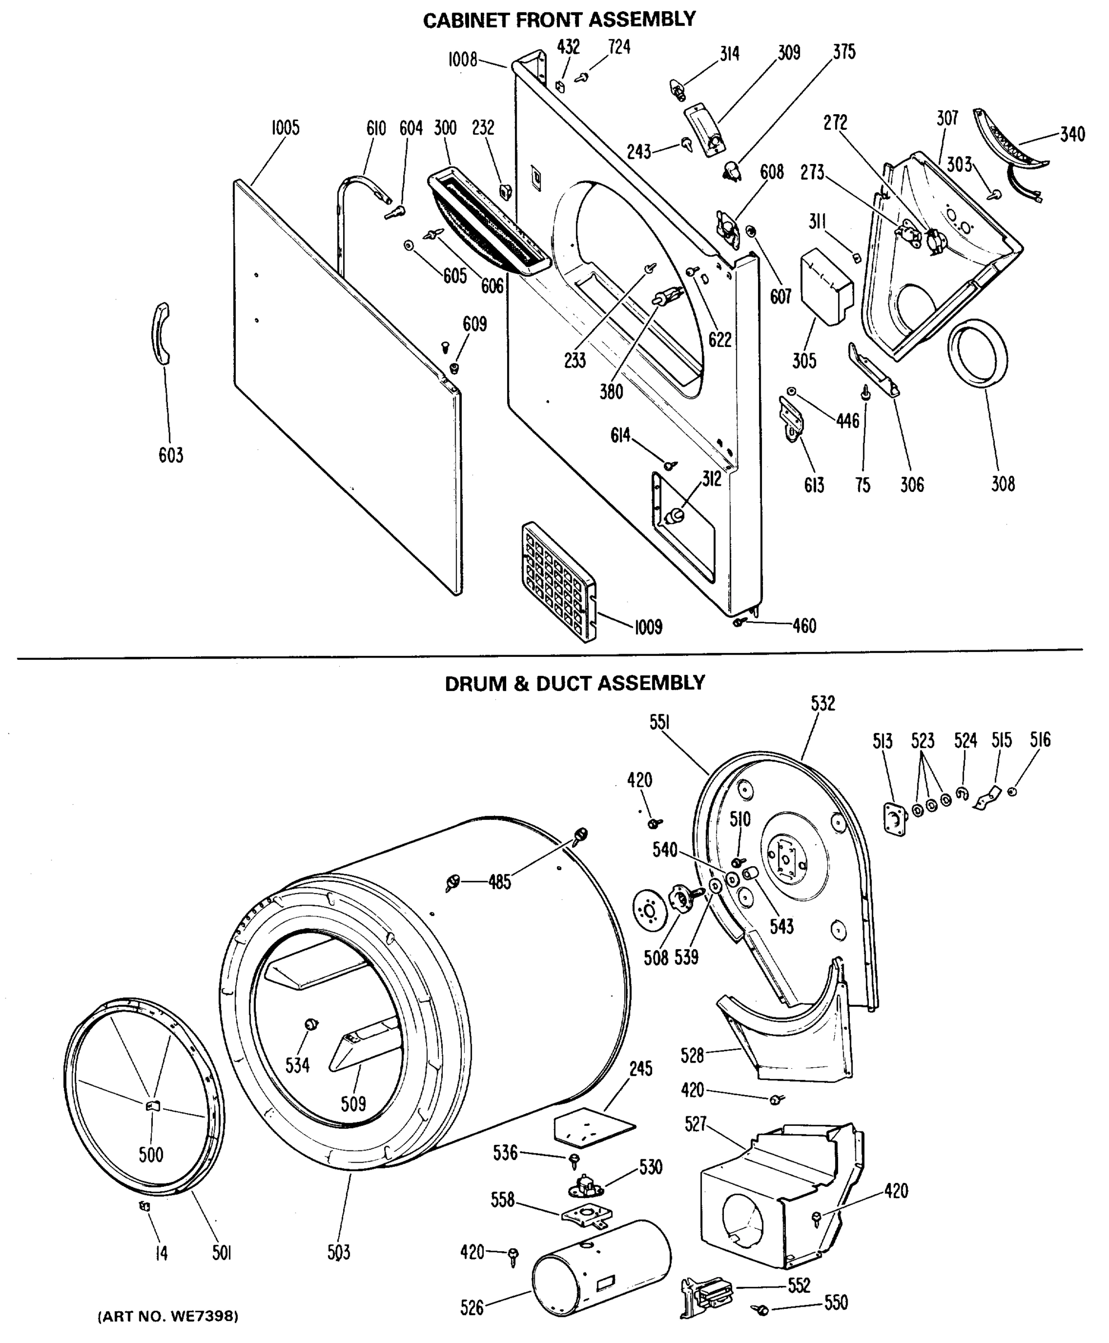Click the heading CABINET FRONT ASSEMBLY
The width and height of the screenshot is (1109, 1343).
click(559, 19)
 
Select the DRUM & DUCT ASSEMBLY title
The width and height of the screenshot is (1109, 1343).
click(574, 683)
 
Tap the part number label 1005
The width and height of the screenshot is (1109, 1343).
click(285, 128)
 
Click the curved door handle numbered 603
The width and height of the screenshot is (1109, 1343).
click(160, 334)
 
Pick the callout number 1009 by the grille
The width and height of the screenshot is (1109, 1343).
click(648, 627)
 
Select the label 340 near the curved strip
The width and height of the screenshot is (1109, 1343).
click(1072, 134)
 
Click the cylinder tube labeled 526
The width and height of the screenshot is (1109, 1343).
click(601, 1267)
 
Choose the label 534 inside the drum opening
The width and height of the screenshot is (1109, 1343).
click(297, 1065)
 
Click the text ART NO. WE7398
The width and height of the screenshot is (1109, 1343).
click(168, 1316)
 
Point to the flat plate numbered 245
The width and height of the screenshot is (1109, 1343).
click(594, 1129)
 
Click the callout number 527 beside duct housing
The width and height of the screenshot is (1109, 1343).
click(695, 1124)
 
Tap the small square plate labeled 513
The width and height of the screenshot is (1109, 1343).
click(896, 819)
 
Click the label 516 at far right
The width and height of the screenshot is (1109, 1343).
click(1040, 740)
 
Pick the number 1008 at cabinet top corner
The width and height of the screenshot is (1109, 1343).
click(462, 60)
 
